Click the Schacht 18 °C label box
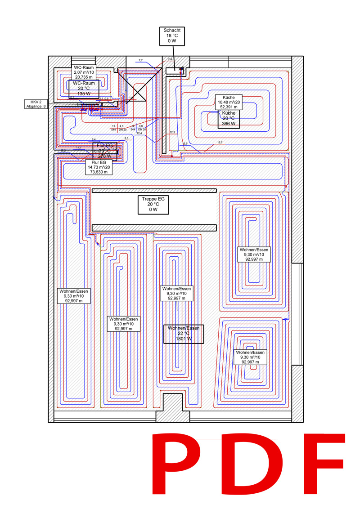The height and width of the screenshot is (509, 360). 171,36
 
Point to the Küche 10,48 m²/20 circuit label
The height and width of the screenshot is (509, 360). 229,102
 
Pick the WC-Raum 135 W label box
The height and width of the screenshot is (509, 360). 84,88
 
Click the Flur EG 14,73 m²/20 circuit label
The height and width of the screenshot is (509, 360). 98,167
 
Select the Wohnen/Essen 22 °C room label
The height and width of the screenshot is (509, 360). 183,334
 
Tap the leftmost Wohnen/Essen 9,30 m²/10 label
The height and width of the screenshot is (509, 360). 74,296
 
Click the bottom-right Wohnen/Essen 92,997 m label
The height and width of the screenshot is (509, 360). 251,357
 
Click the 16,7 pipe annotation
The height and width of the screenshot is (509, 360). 220,142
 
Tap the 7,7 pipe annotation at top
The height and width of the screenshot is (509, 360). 140,60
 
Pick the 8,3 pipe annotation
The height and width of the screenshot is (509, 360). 126,138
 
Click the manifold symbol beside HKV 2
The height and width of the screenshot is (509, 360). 90,107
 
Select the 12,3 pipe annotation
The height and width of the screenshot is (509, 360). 172,132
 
